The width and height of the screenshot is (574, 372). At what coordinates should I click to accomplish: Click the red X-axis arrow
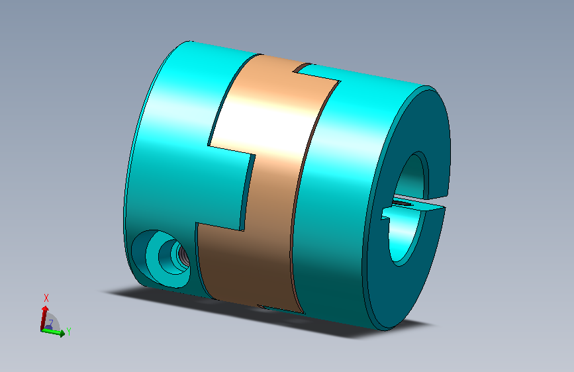44,318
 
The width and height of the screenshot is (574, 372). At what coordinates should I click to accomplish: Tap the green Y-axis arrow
53,332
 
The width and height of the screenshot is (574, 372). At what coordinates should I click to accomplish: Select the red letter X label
46,298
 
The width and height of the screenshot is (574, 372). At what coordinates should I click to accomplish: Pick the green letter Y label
69,332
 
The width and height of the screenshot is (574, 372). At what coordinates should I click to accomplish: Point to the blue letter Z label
51,322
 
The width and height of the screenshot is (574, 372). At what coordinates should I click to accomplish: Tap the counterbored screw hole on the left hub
161,259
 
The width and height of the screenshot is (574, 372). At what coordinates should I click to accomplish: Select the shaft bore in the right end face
407,209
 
